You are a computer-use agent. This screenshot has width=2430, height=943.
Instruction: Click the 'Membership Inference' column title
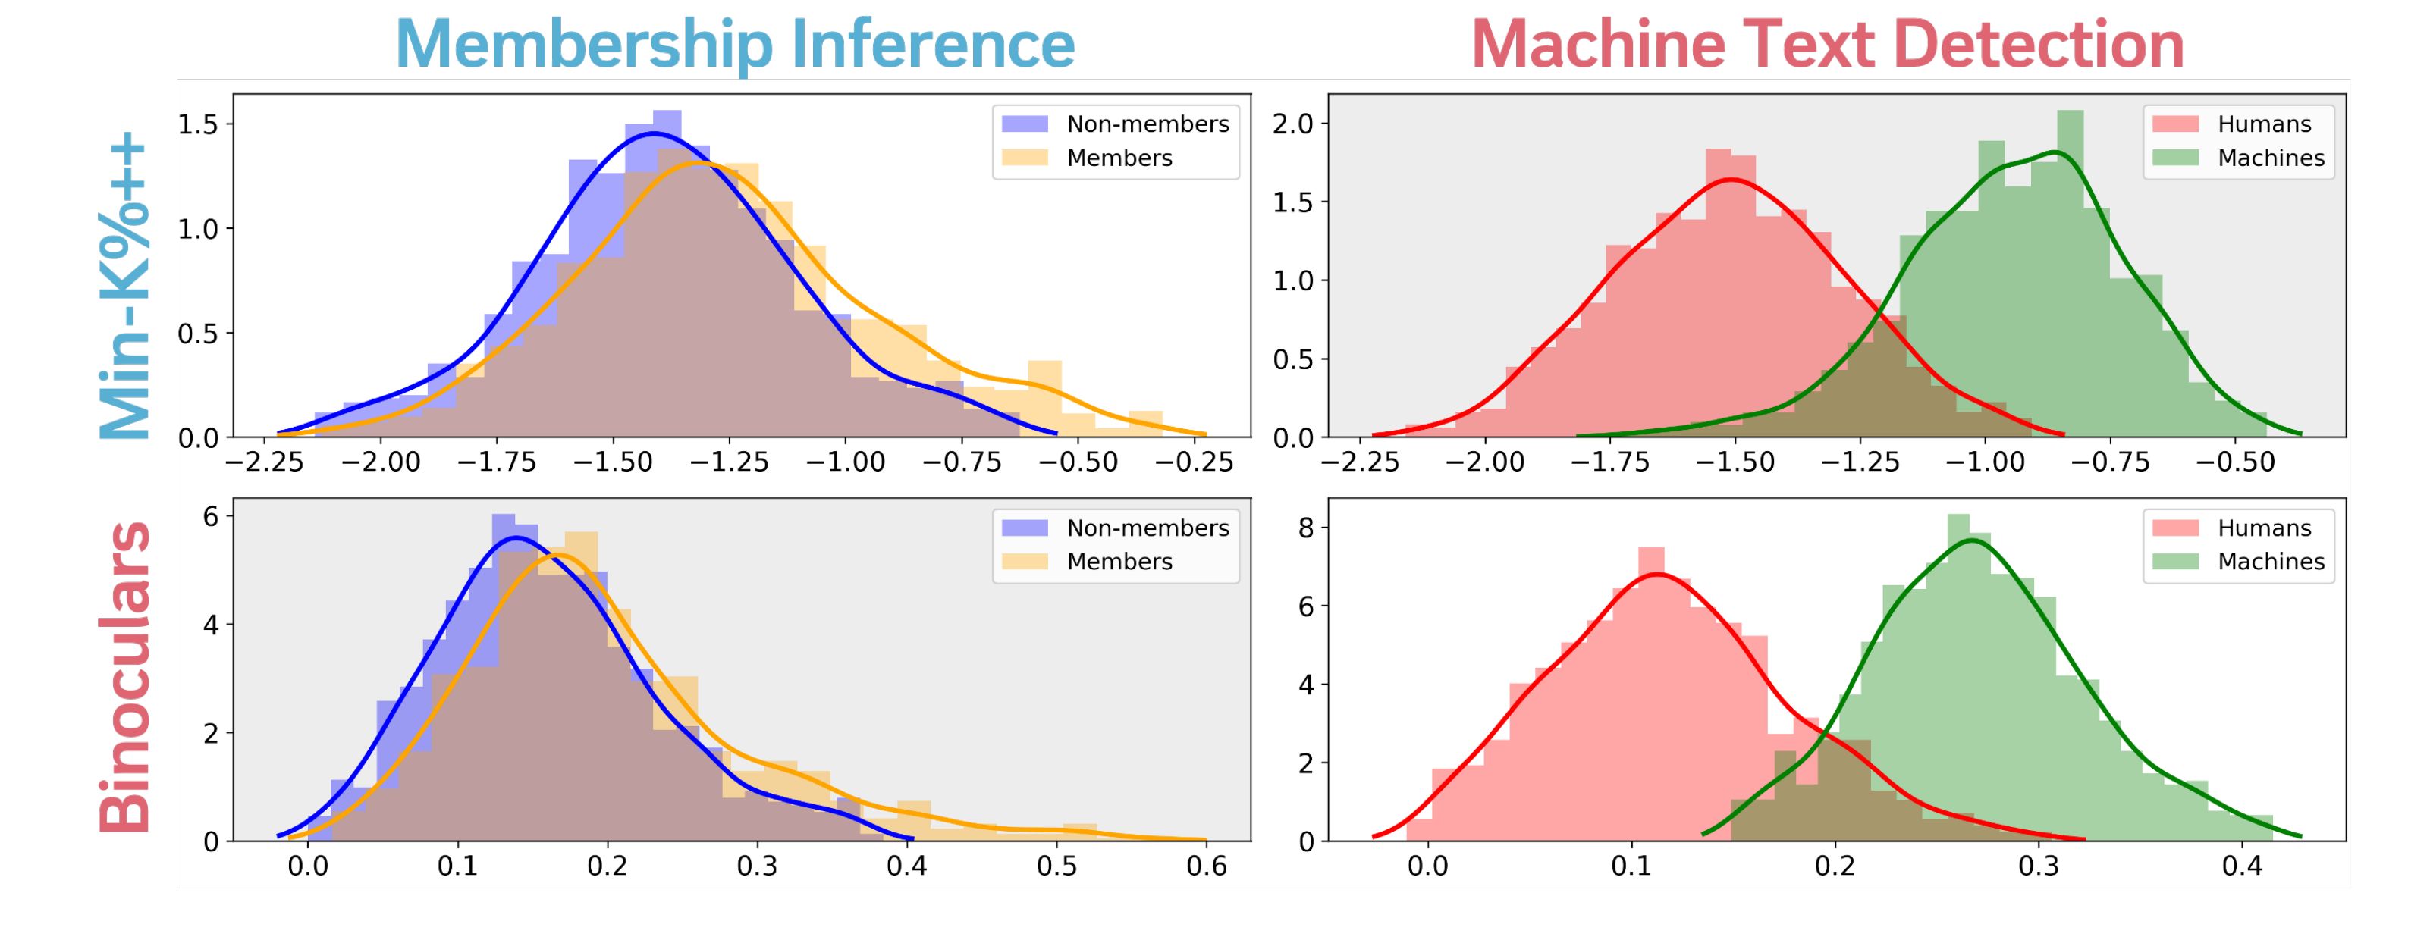click(735, 43)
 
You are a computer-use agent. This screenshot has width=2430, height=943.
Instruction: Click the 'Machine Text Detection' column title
click(1827, 43)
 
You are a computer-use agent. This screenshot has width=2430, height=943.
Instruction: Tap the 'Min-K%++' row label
click(125, 286)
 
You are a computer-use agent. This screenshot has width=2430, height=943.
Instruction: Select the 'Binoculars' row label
click(125, 676)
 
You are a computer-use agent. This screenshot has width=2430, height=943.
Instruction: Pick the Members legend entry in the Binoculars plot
click(1119, 561)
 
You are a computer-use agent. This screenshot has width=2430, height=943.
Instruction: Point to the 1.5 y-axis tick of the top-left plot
click(198, 124)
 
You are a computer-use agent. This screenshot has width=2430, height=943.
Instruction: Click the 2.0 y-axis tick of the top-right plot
click(1292, 124)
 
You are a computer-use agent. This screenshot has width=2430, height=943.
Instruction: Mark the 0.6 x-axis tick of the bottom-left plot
click(1207, 866)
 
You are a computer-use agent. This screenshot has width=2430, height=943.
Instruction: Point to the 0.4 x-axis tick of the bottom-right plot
click(2242, 866)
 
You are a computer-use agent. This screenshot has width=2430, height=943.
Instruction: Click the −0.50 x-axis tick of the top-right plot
click(2236, 462)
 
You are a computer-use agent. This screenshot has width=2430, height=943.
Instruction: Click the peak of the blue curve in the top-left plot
click(654, 134)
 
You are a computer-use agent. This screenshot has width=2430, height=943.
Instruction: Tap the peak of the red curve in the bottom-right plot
click(1656, 575)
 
